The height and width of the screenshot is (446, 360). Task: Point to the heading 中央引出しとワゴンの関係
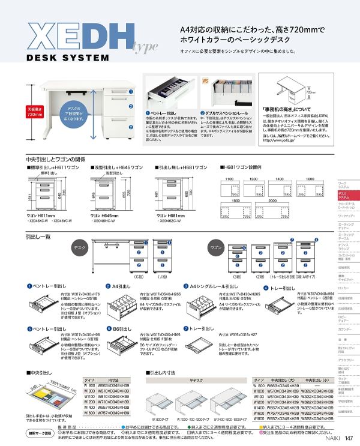pyautogui.click(x=53, y=159)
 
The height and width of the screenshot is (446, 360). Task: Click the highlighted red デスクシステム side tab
pyautogui.click(x=347, y=195)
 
